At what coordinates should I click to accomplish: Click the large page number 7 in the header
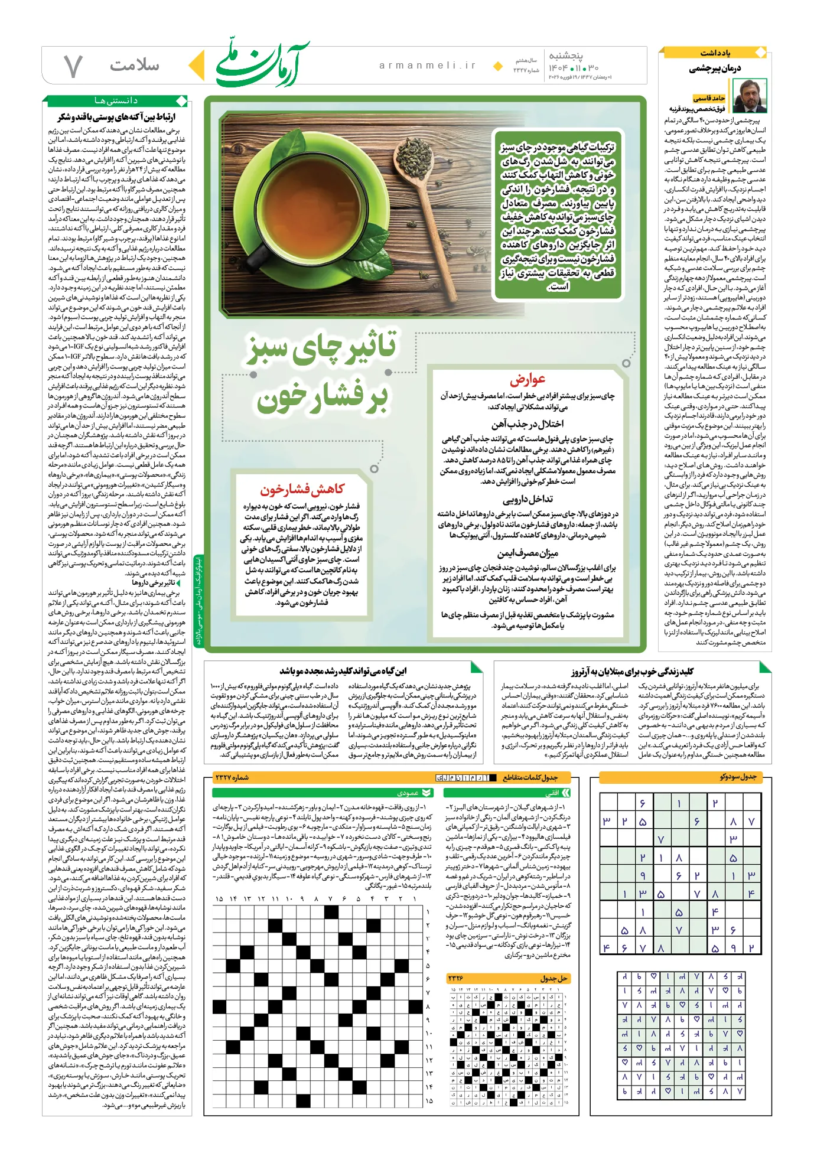point(73,66)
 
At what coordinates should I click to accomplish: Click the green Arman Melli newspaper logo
point(262,64)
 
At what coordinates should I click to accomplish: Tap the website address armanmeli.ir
point(427,66)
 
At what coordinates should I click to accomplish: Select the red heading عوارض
point(527,379)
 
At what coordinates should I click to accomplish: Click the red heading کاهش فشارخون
point(302,489)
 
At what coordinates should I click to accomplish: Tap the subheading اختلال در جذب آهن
point(527,424)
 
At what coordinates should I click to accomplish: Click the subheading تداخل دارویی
point(527,499)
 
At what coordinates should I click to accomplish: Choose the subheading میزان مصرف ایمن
point(527,553)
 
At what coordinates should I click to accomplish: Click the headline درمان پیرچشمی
point(715,69)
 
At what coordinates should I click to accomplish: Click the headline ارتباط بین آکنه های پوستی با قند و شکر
point(117,117)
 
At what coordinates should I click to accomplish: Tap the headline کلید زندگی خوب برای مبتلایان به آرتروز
point(631,671)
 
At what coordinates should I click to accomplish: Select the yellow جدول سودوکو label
point(738,776)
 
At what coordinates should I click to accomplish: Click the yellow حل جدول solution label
point(553,978)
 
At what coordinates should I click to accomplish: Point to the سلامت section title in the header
point(134,65)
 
